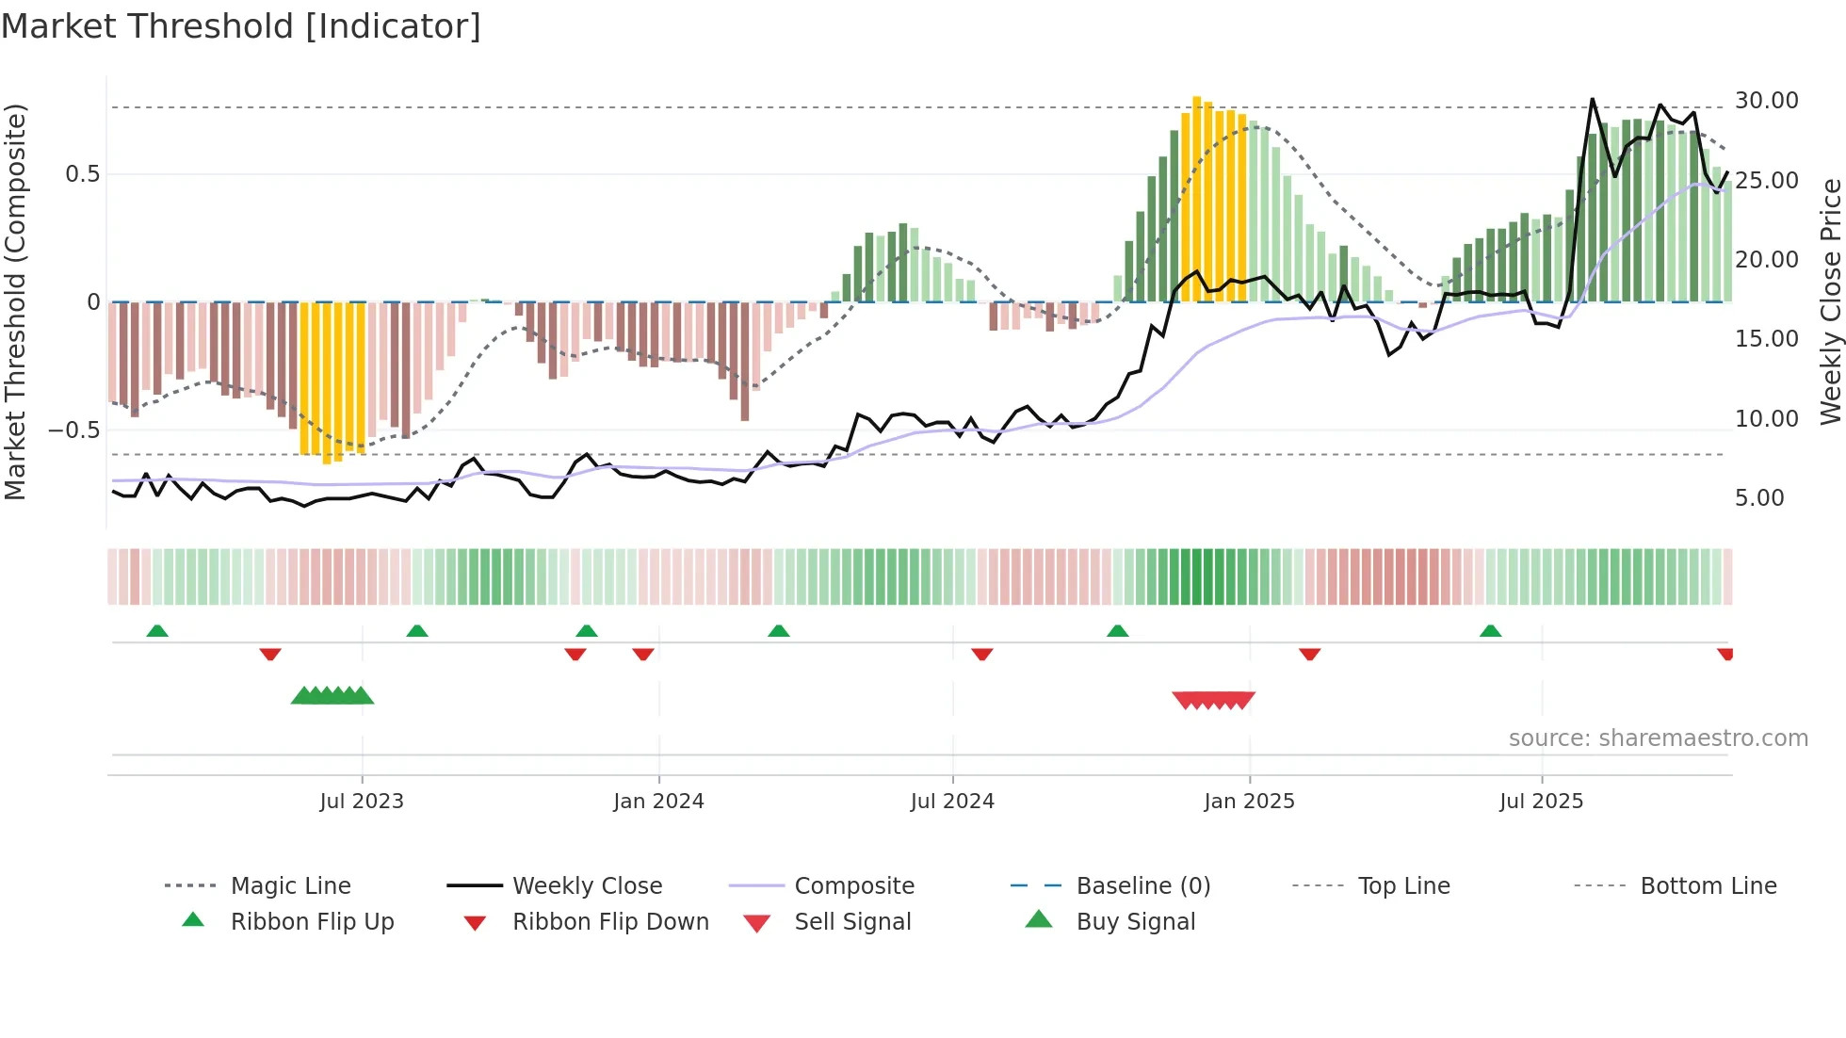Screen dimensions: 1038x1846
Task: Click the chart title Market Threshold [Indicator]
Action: coord(241,26)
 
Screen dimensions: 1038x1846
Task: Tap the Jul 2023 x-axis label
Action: coord(362,802)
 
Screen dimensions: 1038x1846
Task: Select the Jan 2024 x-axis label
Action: coord(658,802)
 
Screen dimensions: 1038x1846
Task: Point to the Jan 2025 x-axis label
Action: coord(1249,802)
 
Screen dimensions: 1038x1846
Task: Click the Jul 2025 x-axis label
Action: coord(1541,802)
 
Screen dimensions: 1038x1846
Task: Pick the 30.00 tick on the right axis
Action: coord(1766,101)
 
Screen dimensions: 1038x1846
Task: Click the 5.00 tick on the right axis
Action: coord(1759,498)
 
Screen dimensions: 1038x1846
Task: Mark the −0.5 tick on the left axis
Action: coord(73,430)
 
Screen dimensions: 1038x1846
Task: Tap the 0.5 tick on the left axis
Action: coord(82,174)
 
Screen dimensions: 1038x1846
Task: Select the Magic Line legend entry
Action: coord(290,886)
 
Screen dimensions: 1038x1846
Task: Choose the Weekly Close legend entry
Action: coord(587,886)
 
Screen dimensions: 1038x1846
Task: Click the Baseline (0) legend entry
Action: coord(1142,886)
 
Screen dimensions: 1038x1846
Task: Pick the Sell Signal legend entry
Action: coord(852,922)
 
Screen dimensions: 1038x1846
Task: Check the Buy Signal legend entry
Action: coord(1135,922)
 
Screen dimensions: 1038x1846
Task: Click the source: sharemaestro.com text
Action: coord(1658,738)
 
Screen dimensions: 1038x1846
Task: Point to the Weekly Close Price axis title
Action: coord(1830,301)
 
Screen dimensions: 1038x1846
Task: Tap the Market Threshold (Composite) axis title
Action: coord(15,301)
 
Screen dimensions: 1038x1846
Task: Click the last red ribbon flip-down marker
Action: coord(1725,654)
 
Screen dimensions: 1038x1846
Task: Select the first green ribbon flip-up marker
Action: coord(157,631)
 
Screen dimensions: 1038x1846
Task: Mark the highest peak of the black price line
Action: coord(1592,99)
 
